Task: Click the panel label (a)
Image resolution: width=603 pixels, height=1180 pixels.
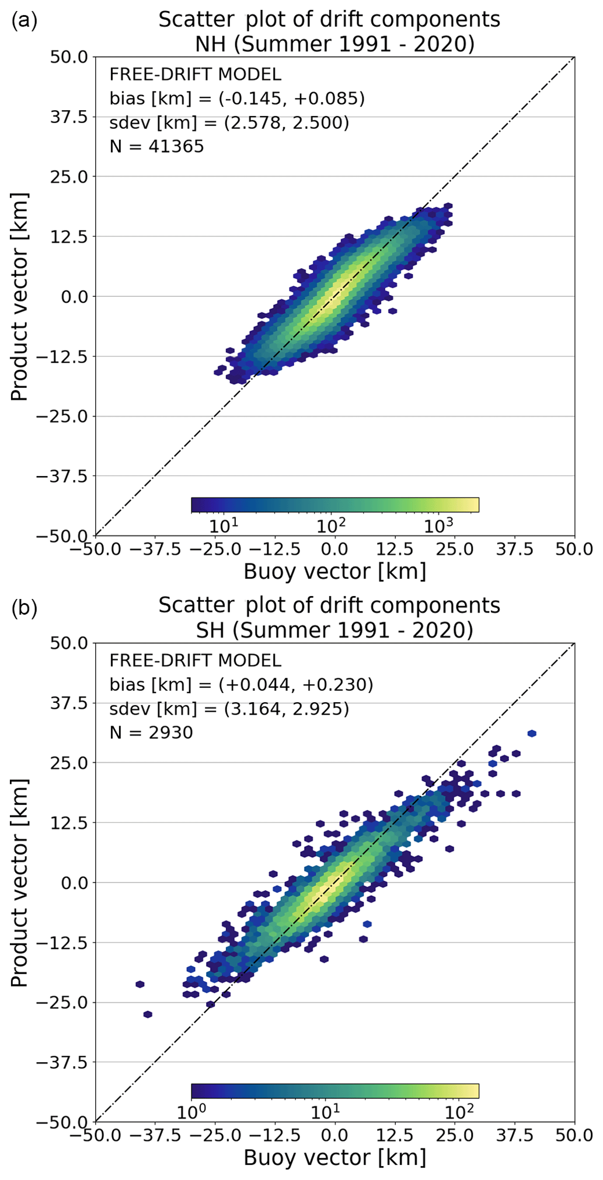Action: click(x=24, y=21)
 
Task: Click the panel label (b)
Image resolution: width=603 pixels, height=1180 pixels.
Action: click(x=24, y=608)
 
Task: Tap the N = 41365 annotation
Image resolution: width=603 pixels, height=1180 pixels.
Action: click(x=156, y=146)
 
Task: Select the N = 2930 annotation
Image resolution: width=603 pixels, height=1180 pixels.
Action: click(x=151, y=732)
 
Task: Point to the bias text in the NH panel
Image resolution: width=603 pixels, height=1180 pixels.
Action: click(x=237, y=98)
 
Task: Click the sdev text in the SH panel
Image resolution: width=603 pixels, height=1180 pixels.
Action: click(x=229, y=708)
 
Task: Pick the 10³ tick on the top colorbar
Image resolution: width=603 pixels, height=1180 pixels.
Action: click(x=438, y=525)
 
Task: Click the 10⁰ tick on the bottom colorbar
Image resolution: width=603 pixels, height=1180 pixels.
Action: click(x=192, y=1111)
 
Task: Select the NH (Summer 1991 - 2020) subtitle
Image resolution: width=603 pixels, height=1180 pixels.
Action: click(x=329, y=44)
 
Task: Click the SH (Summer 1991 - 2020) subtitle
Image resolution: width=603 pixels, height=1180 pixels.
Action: click(x=329, y=630)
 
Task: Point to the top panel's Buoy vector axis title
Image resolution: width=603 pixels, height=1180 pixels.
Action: click(x=334, y=571)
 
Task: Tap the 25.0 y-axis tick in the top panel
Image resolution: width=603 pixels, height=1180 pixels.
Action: click(x=68, y=177)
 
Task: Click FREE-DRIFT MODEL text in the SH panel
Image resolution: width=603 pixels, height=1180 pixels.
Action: click(x=195, y=660)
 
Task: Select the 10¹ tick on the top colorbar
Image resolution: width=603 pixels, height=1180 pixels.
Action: click(x=224, y=525)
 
